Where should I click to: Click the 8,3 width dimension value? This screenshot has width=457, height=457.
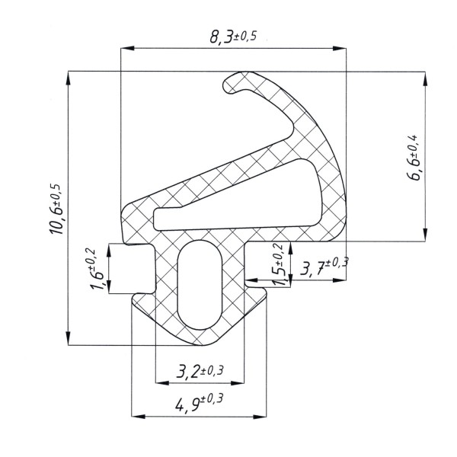221,37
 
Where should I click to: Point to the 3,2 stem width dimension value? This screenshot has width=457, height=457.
187,372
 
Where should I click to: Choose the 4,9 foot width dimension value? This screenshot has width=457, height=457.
187,405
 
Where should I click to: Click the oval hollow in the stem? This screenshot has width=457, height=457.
200,285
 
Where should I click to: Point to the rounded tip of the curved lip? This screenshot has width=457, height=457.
226,84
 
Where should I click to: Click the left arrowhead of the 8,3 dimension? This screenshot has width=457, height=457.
128,48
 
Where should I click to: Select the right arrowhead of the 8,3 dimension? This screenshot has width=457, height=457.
340,48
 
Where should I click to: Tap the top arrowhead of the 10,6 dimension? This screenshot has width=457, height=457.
69,78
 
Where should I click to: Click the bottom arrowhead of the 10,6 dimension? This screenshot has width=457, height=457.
69,338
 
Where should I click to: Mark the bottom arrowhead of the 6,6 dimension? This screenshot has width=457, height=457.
425,235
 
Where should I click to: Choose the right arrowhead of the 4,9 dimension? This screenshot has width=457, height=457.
260,417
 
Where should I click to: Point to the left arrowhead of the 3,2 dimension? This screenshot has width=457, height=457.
162,382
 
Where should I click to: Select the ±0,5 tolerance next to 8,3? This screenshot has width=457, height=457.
244,36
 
